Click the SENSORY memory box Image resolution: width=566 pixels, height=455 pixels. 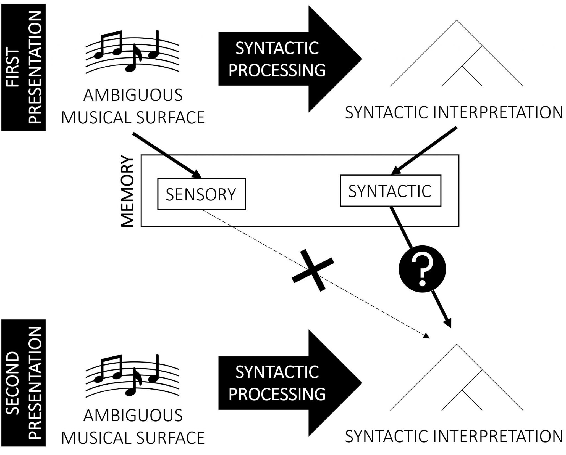tap(201, 194)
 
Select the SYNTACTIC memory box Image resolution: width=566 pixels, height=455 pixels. tap(390, 191)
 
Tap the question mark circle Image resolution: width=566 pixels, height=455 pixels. tap(422, 269)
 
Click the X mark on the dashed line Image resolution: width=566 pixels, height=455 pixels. tap(313, 270)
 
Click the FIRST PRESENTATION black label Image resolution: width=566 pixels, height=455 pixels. tap(23, 67)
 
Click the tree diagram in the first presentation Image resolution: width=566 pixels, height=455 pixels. tap(457, 55)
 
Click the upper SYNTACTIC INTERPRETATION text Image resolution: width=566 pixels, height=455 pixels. tap(454, 113)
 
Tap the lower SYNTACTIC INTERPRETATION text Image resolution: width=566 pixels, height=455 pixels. tap(454, 436)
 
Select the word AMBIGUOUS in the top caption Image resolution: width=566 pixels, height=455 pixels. tap(133, 96)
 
